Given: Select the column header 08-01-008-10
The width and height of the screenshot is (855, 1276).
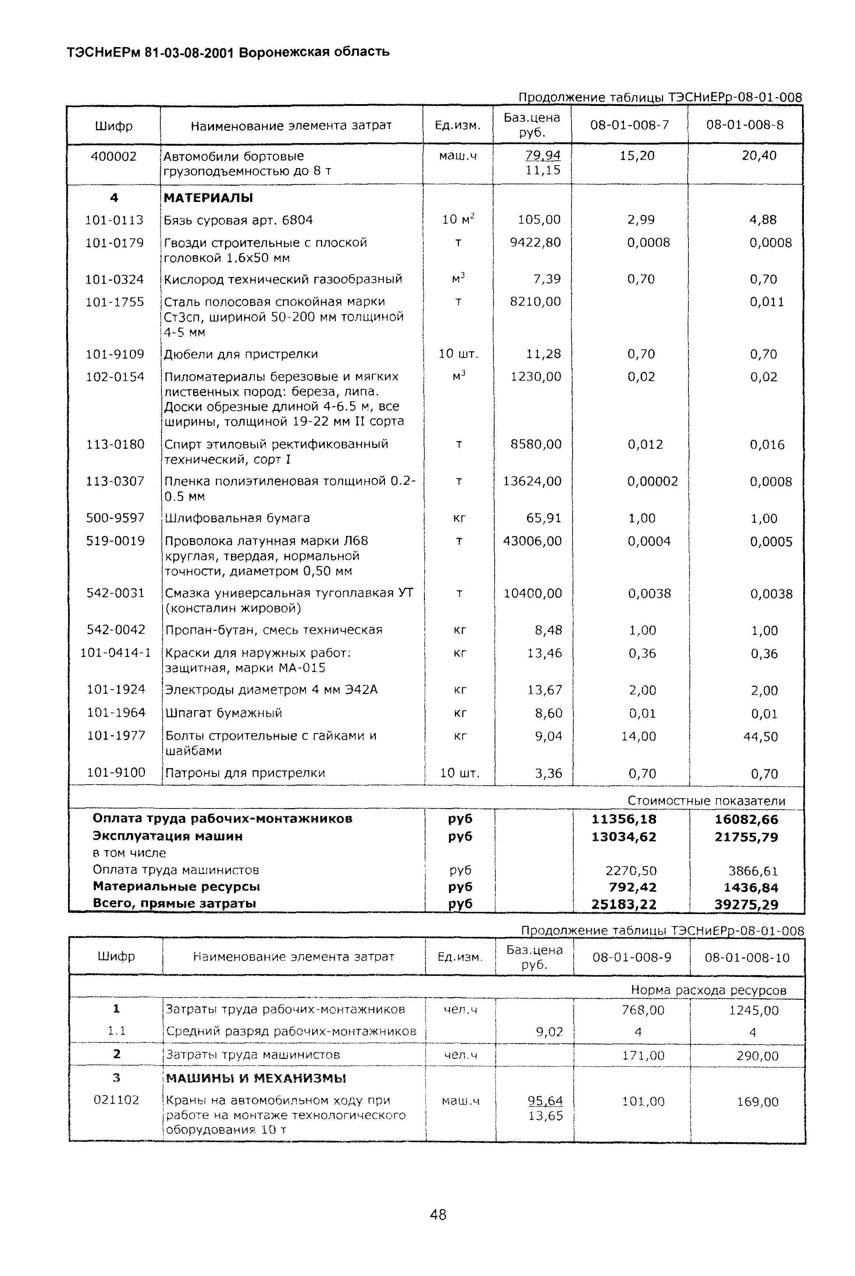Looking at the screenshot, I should point(747,957).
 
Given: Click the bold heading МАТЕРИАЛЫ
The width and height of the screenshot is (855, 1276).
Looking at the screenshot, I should point(208,198).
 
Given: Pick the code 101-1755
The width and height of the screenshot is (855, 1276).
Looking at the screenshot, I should point(114,302).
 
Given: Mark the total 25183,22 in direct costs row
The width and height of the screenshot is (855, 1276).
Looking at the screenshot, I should point(624,904).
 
